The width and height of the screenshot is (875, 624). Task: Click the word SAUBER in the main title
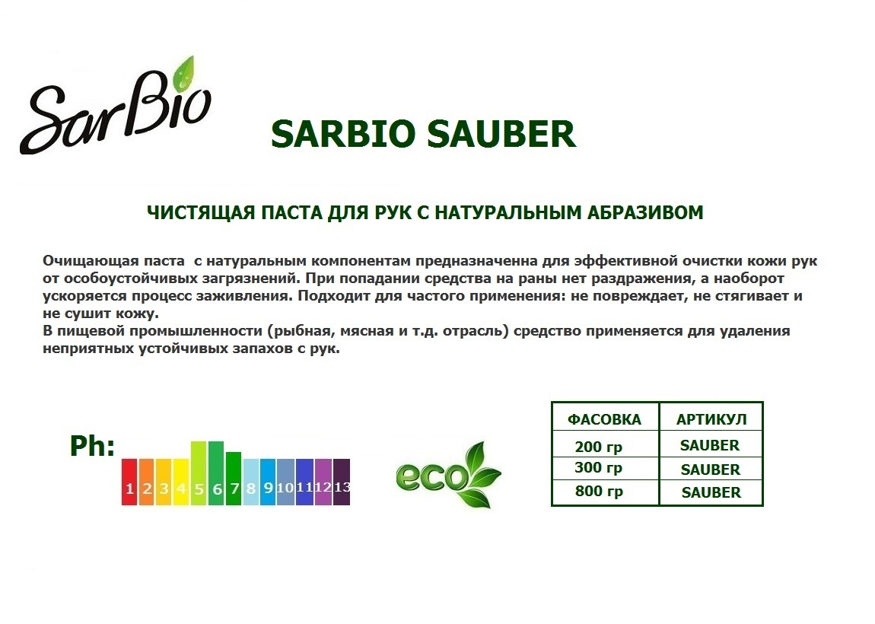(501, 135)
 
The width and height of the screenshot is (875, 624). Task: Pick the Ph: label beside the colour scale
(92, 446)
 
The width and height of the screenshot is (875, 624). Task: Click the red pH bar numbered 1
(129, 482)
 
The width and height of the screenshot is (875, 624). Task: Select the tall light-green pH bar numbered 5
(199, 473)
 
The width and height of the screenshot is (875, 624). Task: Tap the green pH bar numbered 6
(217, 473)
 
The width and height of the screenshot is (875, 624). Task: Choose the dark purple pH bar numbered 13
(342, 482)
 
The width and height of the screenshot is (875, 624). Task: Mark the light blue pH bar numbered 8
(251, 482)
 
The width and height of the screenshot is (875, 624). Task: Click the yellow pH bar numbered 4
(181, 482)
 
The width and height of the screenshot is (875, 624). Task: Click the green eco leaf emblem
(449, 474)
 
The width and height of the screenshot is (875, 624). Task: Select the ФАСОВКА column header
(604, 420)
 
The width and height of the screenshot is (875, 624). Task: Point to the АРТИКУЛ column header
(711, 420)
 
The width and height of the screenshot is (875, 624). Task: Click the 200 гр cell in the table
(599, 447)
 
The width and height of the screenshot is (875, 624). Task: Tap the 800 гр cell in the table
(599, 491)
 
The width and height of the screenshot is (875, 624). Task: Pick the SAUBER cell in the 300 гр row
(711, 470)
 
